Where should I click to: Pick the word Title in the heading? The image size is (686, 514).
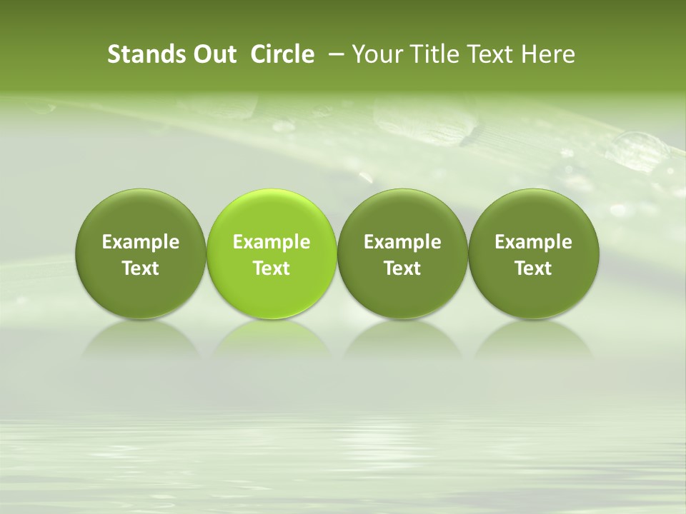(x=434, y=54)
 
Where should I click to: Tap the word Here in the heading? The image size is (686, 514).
(x=548, y=54)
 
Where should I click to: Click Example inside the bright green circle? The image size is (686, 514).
(x=272, y=242)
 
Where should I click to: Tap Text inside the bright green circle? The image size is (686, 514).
(x=272, y=268)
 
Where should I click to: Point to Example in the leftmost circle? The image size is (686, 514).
(x=141, y=242)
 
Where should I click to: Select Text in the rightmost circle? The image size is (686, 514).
(x=533, y=268)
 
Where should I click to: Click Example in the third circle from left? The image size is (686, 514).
(x=402, y=242)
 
